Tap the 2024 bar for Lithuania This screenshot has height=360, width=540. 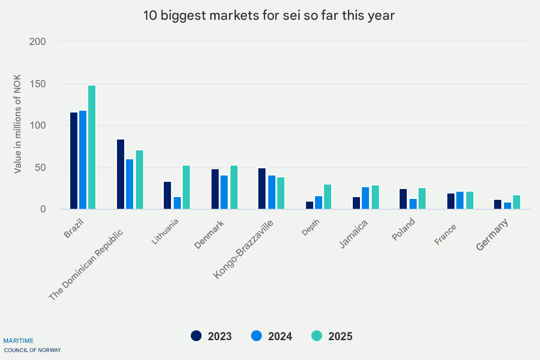pyautogui.click(x=177, y=203)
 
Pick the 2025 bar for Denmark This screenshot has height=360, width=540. pyautogui.click(x=234, y=187)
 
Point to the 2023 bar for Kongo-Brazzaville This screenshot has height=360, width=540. pyautogui.click(x=262, y=189)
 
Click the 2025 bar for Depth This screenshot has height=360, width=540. pyautogui.click(x=328, y=197)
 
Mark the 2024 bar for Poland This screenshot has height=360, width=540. pyautogui.click(x=413, y=204)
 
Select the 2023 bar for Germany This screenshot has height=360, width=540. pyautogui.click(x=498, y=204)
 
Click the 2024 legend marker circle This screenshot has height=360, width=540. pyautogui.click(x=256, y=336)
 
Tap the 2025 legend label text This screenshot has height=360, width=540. pyautogui.click(x=340, y=336)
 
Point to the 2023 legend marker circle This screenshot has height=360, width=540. pyautogui.click(x=196, y=336)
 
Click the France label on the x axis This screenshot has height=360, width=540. pyautogui.click(x=445, y=234)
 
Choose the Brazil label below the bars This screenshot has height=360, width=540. pyautogui.click(x=74, y=228)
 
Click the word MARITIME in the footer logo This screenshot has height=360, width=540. pyautogui.click(x=18, y=341)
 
